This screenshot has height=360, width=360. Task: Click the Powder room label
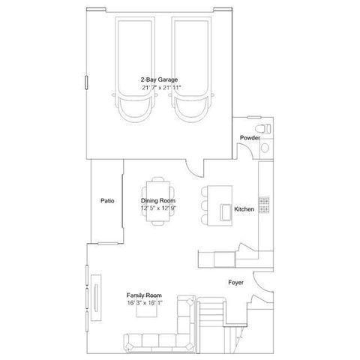(249, 139)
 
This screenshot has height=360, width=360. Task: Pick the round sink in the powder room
(264, 148)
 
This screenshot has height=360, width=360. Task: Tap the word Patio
(107, 201)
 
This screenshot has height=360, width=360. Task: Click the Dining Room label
(158, 201)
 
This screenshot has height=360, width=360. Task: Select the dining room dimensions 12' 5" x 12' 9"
(158, 209)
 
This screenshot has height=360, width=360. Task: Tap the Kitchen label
(244, 208)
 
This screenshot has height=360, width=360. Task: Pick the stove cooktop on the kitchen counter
(264, 205)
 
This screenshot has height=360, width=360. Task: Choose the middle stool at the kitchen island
(203, 204)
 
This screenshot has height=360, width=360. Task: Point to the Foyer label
(236, 283)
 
